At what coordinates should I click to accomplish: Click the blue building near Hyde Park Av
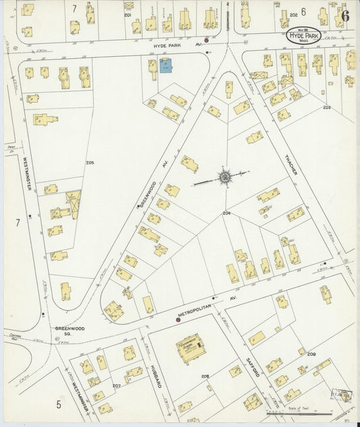(x=165, y=66)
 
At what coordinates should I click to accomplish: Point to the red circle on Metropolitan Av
(x=178, y=320)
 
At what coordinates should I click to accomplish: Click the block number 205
(x=90, y=163)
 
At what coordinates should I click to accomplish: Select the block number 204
(x=227, y=214)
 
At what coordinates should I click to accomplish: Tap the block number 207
(x=116, y=386)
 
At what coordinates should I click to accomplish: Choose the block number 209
(x=311, y=354)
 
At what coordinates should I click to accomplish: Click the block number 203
(x=326, y=107)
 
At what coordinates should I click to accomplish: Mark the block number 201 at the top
(x=127, y=14)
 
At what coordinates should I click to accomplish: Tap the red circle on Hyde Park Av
(x=207, y=41)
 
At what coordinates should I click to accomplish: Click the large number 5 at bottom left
(x=59, y=405)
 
